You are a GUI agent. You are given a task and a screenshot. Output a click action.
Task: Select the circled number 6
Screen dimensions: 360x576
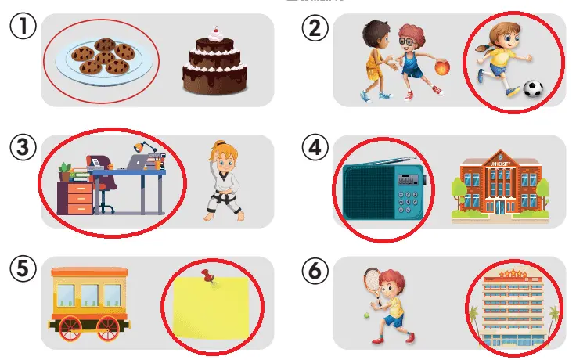tap(315, 271)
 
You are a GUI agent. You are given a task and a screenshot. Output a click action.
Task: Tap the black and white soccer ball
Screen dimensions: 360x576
tap(533, 90)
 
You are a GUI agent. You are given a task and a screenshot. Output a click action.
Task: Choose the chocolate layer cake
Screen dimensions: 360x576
tap(215, 65)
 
